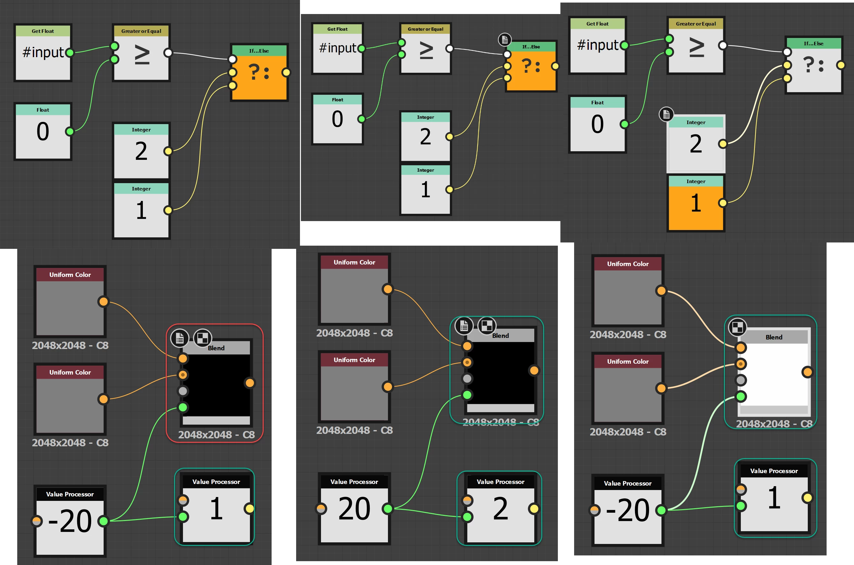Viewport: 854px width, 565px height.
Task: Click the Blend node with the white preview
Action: [x=773, y=375]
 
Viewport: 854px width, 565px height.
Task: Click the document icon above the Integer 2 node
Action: [x=666, y=114]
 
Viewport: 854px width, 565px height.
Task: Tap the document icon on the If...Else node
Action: [x=504, y=39]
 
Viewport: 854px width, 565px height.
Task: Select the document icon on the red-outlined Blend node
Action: [x=179, y=338]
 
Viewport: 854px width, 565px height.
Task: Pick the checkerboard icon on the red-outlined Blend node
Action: [x=202, y=338]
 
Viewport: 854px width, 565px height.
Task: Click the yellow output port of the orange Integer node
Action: [x=722, y=203]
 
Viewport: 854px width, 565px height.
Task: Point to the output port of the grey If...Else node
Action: [x=841, y=65]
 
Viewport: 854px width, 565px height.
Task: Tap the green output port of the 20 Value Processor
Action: [x=388, y=509]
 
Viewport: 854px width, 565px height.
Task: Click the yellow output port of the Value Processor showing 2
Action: [x=534, y=509]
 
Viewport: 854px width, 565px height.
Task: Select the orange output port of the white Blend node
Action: [x=807, y=372]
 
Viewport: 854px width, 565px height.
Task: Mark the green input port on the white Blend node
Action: [x=741, y=396]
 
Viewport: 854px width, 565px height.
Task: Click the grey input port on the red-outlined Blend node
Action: [x=183, y=391]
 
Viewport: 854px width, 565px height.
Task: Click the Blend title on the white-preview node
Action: [x=774, y=337]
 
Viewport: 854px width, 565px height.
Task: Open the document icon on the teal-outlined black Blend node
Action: [x=464, y=326]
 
